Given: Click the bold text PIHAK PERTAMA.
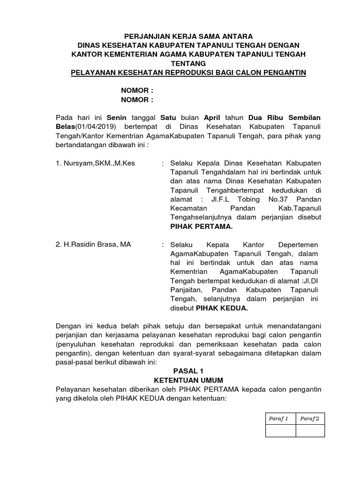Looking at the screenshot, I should point(201,226).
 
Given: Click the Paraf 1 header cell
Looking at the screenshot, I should point(280,418).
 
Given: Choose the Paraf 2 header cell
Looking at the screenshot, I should point(310,418).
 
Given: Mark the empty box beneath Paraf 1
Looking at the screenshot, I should point(280,430).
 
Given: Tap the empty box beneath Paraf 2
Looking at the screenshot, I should point(310,430).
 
